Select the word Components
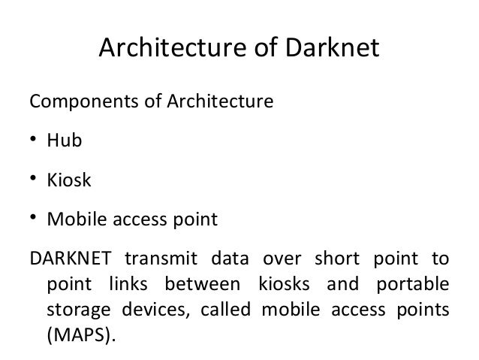(x=80, y=100)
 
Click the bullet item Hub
(x=65, y=140)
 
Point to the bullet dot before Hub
(x=33, y=140)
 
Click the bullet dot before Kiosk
(x=33, y=180)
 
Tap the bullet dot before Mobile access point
(x=33, y=219)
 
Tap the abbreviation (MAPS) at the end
(x=82, y=334)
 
